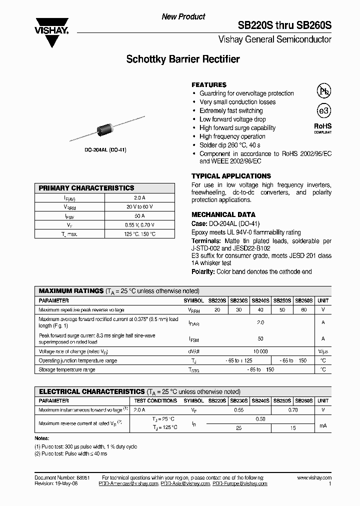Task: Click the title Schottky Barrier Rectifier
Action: (183, 59)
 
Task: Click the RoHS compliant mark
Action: (322, 128)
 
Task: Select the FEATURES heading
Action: (209, 85)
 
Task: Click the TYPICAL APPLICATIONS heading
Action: (231, 176)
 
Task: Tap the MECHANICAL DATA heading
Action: (223, 214)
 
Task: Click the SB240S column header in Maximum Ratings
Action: (260, 301)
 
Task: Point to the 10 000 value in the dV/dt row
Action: (260, 351)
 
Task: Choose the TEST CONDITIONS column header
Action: (155, 401)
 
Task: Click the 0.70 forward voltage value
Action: (293, 410)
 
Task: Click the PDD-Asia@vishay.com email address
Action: (185, 484)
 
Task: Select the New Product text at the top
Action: (183, 17)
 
